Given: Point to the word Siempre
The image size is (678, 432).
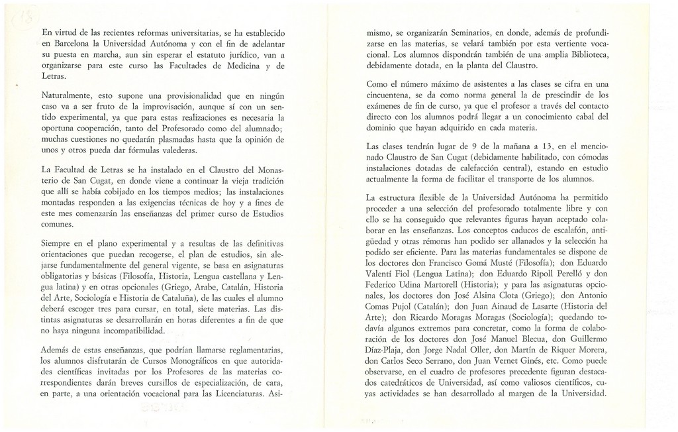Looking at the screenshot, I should [58, 243].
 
